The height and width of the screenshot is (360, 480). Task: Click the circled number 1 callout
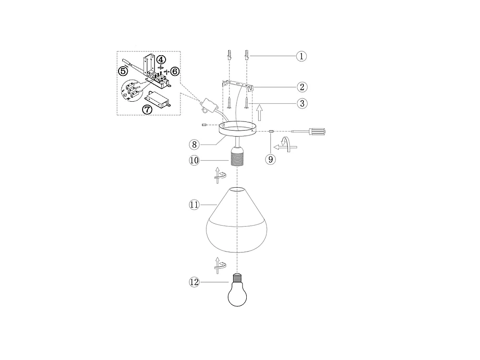click(301, 56)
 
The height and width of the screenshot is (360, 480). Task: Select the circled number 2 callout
click(301, 87)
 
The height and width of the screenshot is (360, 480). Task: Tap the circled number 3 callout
click(301, 103)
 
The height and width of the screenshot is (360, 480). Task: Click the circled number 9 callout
click(271, 159)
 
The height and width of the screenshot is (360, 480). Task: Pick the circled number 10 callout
click(194, 161)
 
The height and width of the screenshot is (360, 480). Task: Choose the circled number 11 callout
click(194, 204)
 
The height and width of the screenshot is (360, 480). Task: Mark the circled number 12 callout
click(194, 283)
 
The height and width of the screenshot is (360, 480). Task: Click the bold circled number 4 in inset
click(161, 60)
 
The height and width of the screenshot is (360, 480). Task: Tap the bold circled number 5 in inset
click(123, 71)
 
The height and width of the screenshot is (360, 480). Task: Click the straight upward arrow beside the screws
click(259, 113)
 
